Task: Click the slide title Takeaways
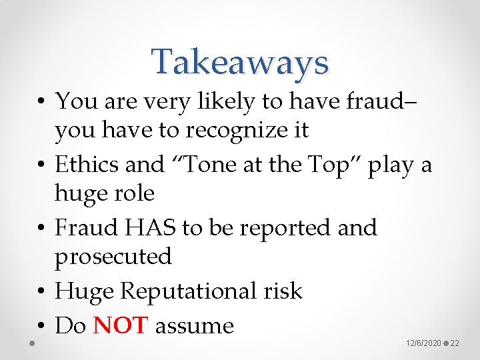tap(240, 62)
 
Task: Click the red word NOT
tap(121, 326)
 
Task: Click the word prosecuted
tap(113, 257)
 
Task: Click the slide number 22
tap(455, 343)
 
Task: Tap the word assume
tap(194, 326)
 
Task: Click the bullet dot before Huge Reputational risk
tap(41, 292)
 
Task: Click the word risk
tap(282, 291)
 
